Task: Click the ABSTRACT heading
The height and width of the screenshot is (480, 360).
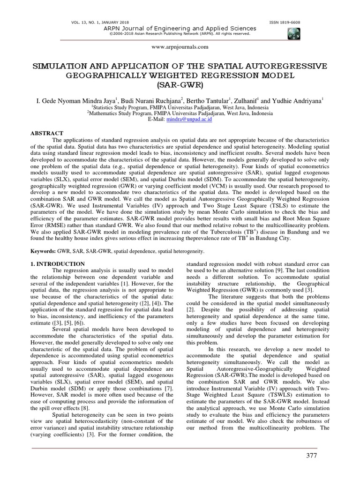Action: point(46,134)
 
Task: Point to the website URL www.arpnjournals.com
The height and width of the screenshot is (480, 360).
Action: point(180,47)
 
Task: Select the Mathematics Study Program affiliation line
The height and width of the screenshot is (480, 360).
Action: point(180,113)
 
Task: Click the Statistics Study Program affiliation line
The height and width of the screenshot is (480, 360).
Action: point(180,107)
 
